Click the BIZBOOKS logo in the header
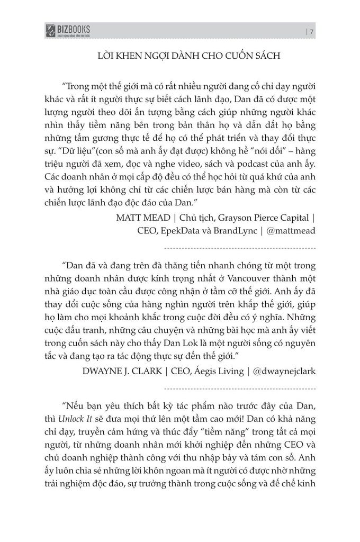pyautogui.click(x=68, y=31)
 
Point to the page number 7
pyautogui.click(x=312, y=32)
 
